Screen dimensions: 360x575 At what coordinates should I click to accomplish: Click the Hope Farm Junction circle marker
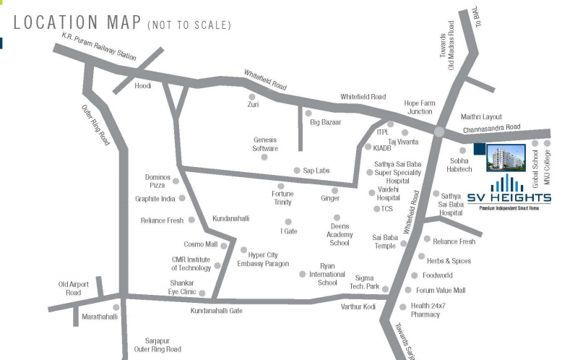pos(438,132)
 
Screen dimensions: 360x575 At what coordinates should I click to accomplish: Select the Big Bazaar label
pos(325,123)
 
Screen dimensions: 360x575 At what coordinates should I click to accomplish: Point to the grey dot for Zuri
pos(252,96)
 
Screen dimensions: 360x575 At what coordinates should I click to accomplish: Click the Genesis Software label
pos(265,144)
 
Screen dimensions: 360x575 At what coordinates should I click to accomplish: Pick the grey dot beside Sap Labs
pos(296,171)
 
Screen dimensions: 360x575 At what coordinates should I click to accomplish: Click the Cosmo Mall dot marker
pos(224,245)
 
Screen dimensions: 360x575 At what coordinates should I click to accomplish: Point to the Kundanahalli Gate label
pos(216,311)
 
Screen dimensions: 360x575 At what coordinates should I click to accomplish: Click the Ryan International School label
pos(322,275)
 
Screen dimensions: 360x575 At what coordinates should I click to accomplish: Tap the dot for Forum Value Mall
pos(408,291)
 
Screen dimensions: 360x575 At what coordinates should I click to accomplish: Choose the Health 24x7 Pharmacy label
pos(435,310)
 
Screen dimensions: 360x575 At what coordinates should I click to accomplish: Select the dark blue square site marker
pos(480,150)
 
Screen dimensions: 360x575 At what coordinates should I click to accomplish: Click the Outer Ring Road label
pos(95,124)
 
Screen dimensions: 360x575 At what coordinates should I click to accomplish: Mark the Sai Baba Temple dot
pos(403,245)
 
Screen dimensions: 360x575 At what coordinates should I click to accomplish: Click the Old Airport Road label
pos(73,288)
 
